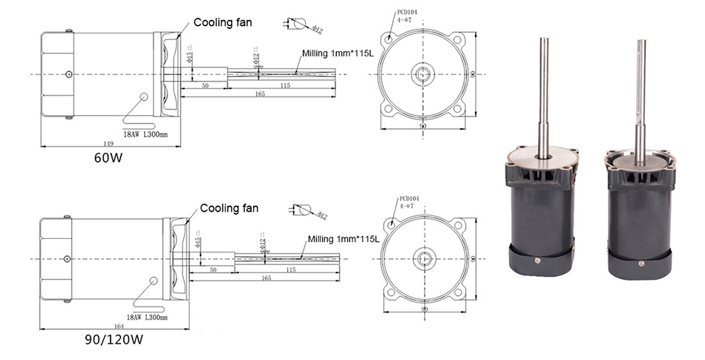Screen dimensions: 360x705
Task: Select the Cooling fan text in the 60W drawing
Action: point(223,22)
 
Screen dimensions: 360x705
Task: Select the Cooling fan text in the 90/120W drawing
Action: point(229,208)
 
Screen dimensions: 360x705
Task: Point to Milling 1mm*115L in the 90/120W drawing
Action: point(344,239)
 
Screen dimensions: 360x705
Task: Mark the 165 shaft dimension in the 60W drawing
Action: point(260,95)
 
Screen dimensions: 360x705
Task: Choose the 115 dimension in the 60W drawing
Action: point(285,86)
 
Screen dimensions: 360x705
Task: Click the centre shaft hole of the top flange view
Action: point(424,74)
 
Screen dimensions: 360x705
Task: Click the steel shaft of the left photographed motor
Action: point(544,89)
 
